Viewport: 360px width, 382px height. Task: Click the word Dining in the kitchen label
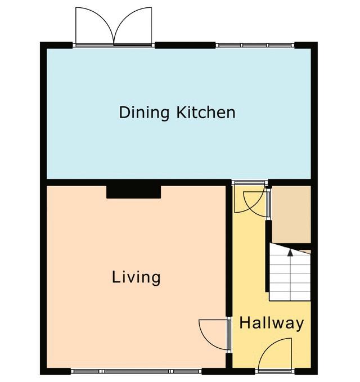[144, 113]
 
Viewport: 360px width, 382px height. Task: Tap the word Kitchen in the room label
[206, 113]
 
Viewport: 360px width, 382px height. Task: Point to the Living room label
[136, 277]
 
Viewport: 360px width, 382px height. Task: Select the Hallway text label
[272, 323]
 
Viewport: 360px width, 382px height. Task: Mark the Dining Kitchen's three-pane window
[255, 46]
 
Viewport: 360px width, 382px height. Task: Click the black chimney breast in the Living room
[133, 192]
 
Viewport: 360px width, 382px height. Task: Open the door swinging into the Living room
[214, 335]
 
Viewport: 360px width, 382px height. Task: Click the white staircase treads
[290, 272]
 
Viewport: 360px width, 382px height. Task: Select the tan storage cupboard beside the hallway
[291, 214]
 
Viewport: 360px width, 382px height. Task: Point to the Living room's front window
[136, 371]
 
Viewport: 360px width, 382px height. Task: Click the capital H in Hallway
[245, 322]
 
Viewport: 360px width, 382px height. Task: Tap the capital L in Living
[116, 277]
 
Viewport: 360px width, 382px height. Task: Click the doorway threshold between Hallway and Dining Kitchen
[250, 183]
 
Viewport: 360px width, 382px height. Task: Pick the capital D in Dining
[124, 113]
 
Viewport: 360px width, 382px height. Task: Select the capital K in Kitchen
[182, 113]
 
